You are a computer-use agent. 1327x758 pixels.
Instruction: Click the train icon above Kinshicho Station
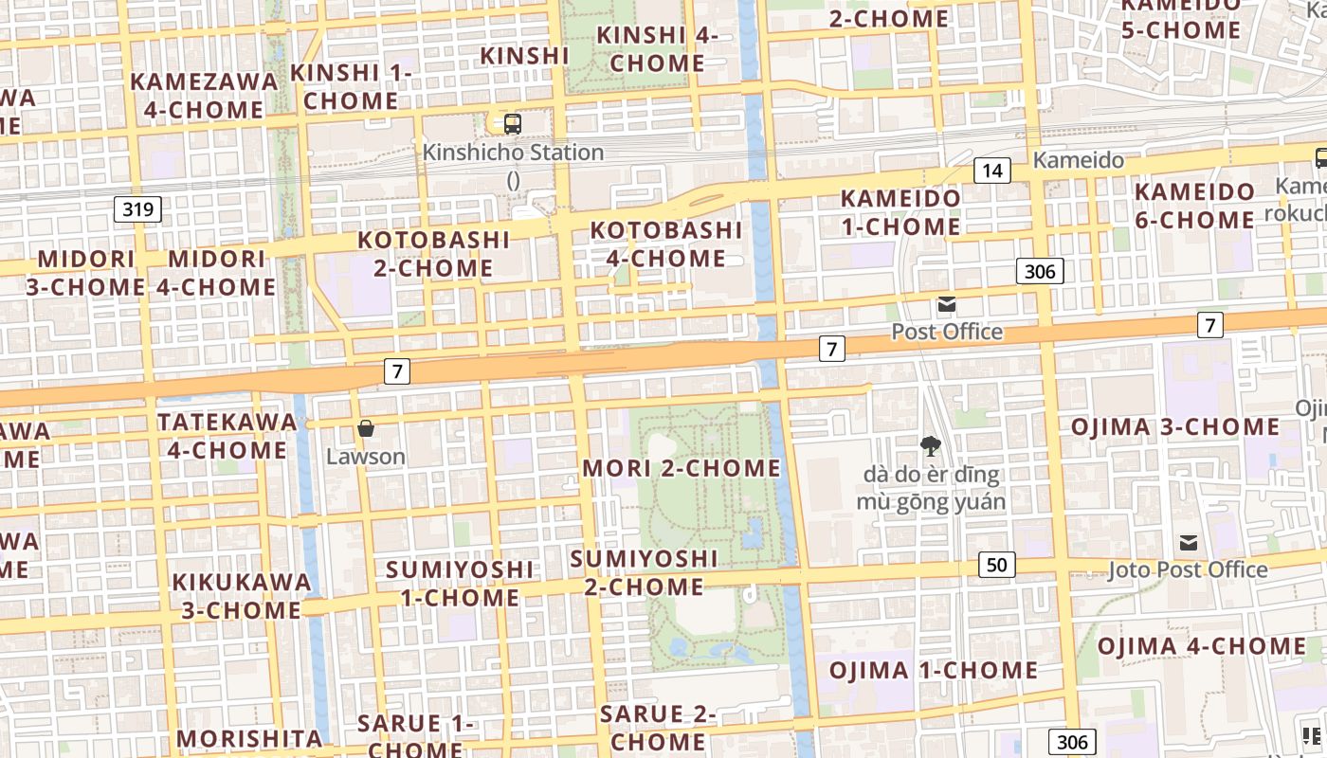[x=513, y=123]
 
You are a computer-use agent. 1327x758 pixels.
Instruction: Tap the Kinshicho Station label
[x=513, y=153]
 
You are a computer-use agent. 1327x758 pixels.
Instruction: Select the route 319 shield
[x=137, y=208]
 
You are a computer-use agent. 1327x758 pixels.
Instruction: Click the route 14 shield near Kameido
[x=991, y=171]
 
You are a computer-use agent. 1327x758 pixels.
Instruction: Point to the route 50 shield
[x=996, y=566]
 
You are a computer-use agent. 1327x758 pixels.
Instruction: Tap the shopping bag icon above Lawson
[x=366, y=429]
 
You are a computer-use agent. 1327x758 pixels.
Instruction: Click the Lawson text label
[x=366, y=457]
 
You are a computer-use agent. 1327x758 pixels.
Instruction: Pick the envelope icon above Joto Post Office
[x=1188, y=543]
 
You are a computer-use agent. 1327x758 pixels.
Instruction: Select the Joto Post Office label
[x=1188, y=569]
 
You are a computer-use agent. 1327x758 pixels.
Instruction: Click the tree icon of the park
[x=931, y=445]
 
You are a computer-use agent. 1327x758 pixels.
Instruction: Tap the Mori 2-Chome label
[x=682, y=468]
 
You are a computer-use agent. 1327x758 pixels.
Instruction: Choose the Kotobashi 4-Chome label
[x=666, y=244]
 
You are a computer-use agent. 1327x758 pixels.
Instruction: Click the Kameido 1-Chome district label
[x=900, y=212]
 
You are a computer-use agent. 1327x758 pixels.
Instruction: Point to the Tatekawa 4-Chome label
[x=227, y=435]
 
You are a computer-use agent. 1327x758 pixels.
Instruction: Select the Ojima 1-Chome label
[x=934, y=670]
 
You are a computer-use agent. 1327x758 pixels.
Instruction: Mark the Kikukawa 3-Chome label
[x=242, y=595]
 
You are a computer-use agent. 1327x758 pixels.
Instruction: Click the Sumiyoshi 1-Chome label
[x=460, y=584]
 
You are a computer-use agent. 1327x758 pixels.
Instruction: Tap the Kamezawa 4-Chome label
[x=204, y=95]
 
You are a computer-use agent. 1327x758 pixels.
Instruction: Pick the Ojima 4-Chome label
[x=1202, y=646]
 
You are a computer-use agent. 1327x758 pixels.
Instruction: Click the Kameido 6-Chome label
[x=1194, y=206]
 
